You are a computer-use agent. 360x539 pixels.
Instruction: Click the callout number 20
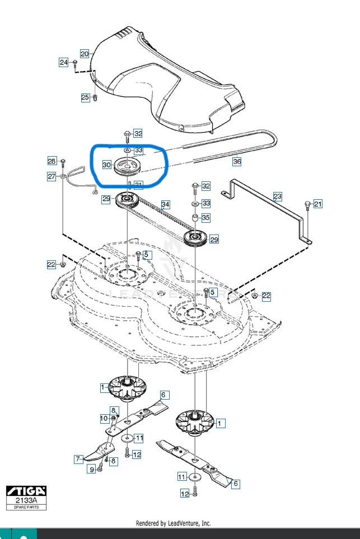pos(85,54)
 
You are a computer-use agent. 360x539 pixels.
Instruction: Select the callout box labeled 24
pos(64,62)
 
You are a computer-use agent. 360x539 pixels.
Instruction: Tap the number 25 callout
pos(85,97)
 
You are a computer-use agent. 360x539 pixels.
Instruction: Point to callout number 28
pos(52,161)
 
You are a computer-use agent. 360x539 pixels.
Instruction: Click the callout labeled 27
pos(52,177)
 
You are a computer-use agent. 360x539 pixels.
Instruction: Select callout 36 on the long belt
pos(237,161)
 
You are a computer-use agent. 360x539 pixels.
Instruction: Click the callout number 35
pos(206,217)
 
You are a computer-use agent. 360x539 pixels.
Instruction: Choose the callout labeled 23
pos(278,196)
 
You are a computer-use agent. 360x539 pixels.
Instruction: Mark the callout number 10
pos(104,418)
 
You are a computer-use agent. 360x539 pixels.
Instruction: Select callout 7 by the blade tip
pos(79,459)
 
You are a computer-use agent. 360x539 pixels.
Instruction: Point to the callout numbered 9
pos(91,470)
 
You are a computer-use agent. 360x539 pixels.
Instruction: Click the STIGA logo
pos(26,491)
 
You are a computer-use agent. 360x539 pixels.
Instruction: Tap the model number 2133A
pos(26,500)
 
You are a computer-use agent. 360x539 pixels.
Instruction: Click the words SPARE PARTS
pos(26,507)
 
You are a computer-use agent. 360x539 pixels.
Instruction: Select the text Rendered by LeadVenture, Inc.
pos(174,523)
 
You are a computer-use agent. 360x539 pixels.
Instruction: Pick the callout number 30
pos(106,165)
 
